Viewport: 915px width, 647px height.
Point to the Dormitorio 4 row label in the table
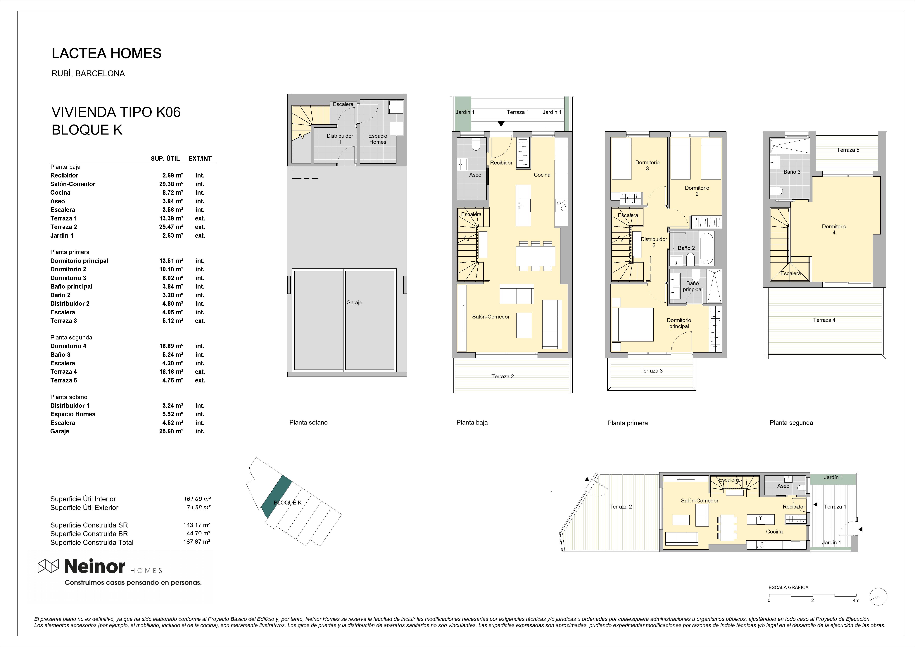(68, 346)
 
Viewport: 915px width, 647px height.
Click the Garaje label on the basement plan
(354, 303)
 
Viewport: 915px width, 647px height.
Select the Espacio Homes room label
(378, 139)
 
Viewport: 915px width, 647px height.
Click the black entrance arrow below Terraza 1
(501, 124)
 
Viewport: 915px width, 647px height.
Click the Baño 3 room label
(792, 172)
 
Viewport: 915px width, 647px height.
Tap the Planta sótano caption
(308, 422)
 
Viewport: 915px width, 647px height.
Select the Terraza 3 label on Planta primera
(651, 371)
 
